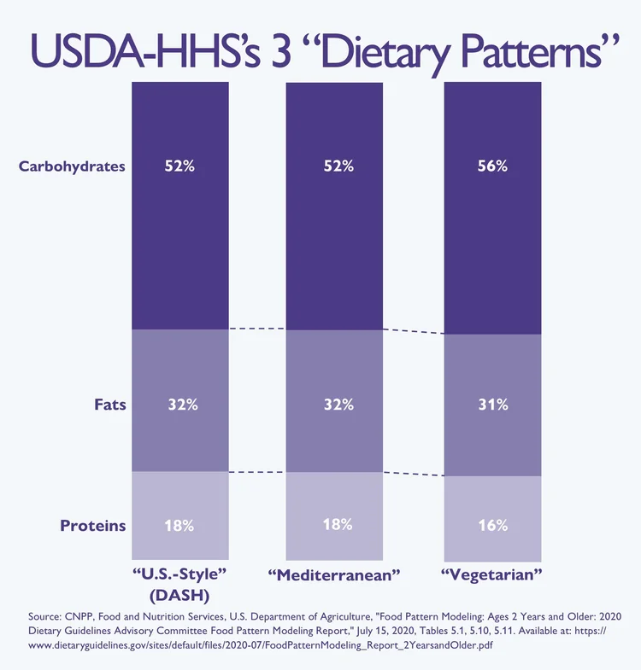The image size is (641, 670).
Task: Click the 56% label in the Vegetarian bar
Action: click(x=493, y=166)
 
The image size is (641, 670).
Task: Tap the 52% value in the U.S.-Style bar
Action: click(x=179, y=166)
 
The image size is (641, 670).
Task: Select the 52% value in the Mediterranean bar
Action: click(x=338, y=166)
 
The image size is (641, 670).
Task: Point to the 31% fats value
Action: click(x=493, y=405)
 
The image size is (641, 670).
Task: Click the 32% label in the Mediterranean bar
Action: click(x=338, y=405)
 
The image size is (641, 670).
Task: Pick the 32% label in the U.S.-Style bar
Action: click(x=179, y=405)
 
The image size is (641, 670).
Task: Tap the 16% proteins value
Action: click(x=493, y=525)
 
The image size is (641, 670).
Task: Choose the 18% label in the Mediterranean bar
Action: click(x=338, y=525)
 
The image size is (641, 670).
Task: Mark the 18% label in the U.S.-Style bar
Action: click(x=179, y=525)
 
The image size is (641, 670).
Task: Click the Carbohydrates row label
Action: click(x=72, y=166)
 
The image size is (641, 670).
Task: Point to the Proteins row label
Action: click(x=92, y=526)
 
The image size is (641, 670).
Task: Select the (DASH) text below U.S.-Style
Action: click(x=180, y=592)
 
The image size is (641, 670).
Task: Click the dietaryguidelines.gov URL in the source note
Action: click(x=256, y=646)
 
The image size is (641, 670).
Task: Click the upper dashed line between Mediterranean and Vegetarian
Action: click(x=414, y=331)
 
